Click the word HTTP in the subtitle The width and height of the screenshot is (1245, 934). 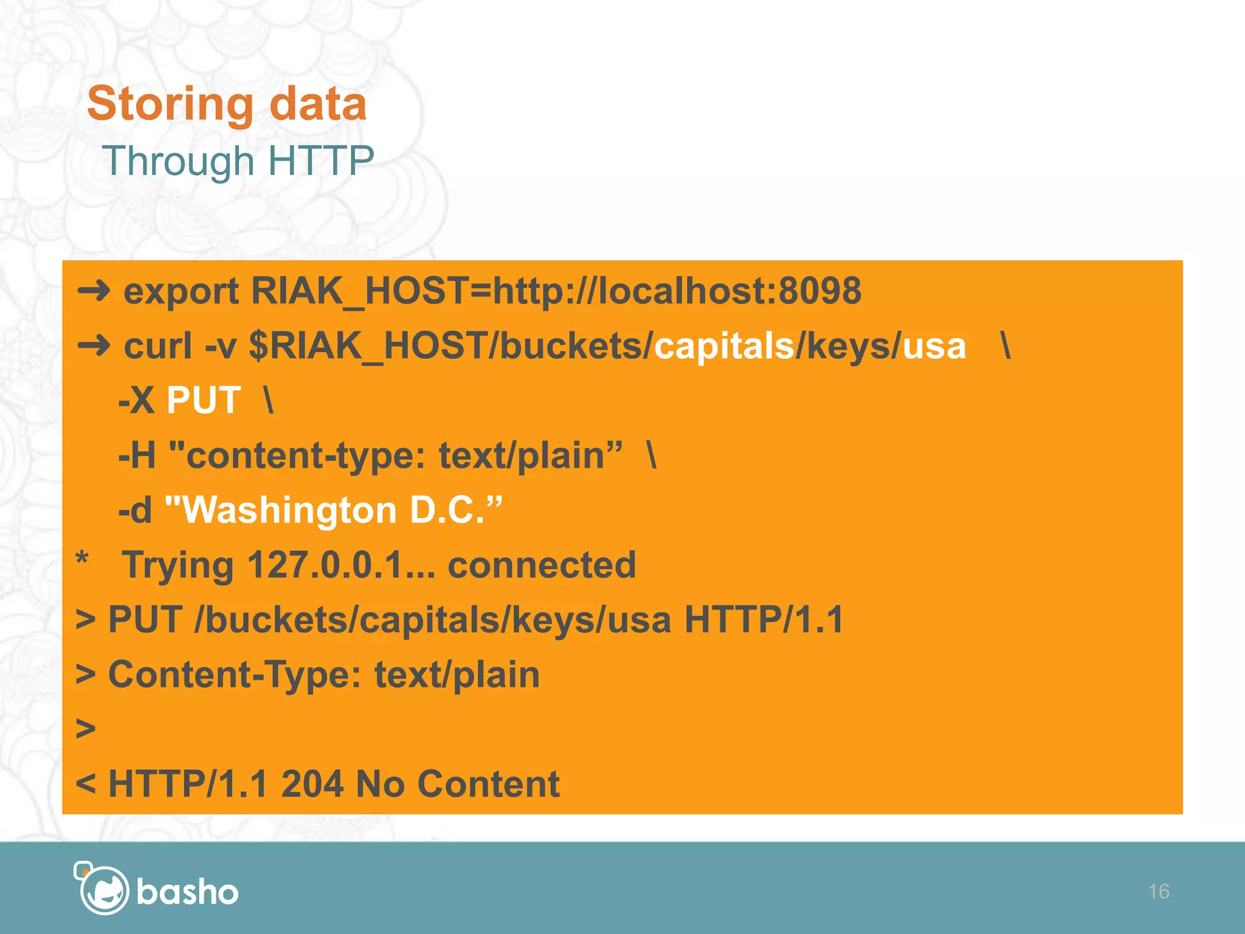tap(320, 161)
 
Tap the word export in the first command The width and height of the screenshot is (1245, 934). tap(181, 291)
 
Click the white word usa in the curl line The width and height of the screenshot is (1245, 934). tap(934, 347)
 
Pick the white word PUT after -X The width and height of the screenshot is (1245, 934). tap(204, 401)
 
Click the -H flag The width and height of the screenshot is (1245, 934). tap(137, 455)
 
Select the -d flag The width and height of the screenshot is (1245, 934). tap(135, 510)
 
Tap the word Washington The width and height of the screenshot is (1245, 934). tap(289, 510)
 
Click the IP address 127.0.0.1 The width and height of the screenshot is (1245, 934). tap(326, 565)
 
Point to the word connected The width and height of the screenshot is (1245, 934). tap(542, 565)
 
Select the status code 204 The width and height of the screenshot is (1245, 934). tap(312, 784)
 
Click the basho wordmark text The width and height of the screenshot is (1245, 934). tap(187, 892)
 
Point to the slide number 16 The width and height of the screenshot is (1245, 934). tap(1159, 891)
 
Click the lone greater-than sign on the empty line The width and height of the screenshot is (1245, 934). tap(86, 728)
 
